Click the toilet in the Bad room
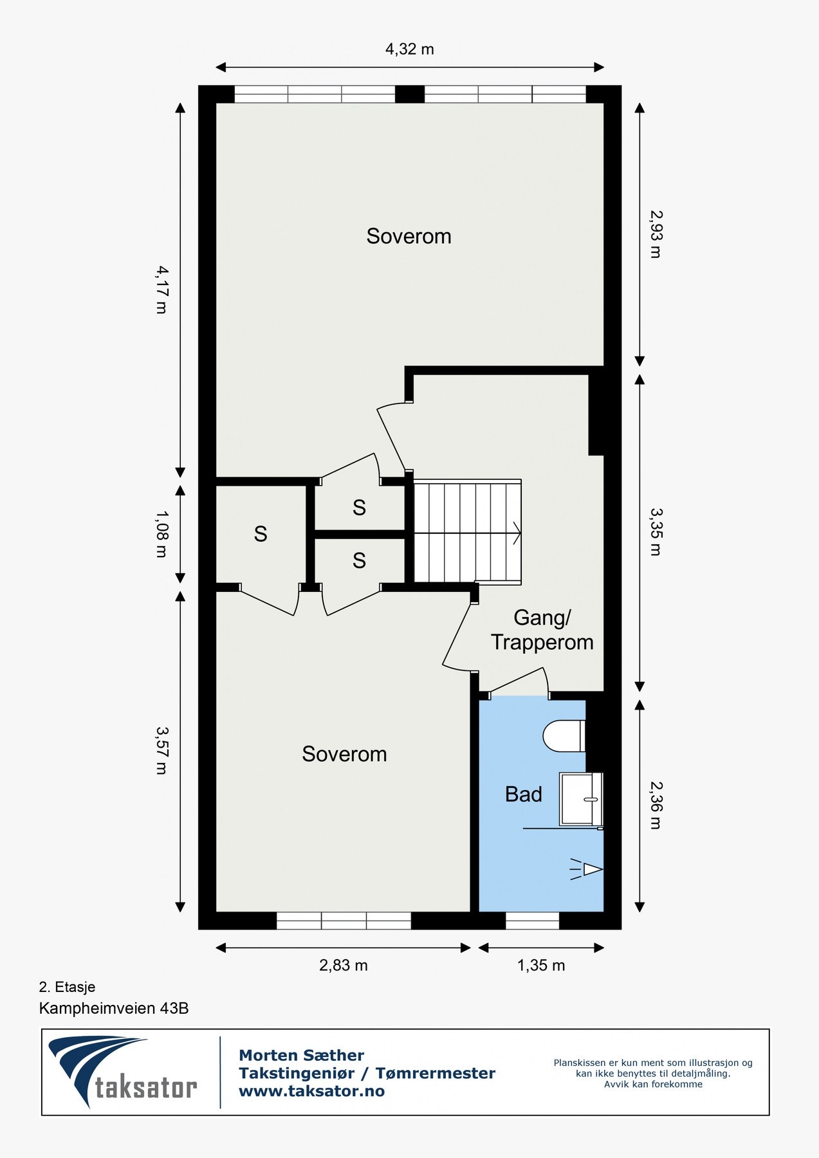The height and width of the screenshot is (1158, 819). tap(564, 735)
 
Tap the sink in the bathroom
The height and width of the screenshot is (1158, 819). tap(582, 799)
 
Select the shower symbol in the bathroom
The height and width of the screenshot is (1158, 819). tap(585, 870)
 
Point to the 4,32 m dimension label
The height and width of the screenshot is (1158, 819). tap(410, 49)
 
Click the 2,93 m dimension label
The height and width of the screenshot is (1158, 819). tap(656, 234)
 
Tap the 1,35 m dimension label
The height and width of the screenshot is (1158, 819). tap(541, 965)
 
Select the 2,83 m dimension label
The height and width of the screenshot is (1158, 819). tap(344, 965)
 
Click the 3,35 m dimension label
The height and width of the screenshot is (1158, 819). tap(656, 532)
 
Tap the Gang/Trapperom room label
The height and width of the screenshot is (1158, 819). tap(542, 630)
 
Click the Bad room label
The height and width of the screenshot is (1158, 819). tap(524, 795)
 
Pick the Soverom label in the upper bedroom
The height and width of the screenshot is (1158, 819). tap(409, 236)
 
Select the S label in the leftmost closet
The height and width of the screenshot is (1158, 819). tap(261, 534)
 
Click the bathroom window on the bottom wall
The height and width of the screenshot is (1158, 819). tap(532, 921)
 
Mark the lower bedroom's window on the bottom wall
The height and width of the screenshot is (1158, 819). tap(344, 921)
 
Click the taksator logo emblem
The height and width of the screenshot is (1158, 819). tap(97, 1071)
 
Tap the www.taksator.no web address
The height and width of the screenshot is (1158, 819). tap(312, 1091)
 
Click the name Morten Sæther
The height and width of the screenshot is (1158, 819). tap(301, 1055)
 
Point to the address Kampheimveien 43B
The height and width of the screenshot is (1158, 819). tap(114, 1008)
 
